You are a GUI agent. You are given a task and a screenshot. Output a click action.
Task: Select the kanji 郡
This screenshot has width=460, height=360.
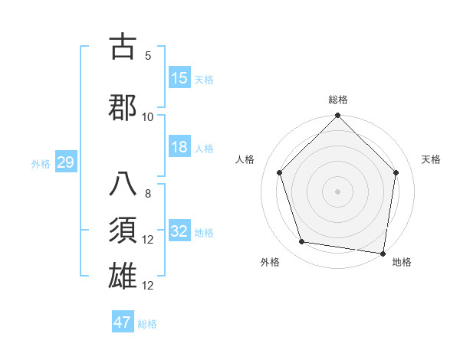click(124, 106)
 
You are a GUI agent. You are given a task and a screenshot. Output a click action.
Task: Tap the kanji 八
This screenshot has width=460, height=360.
click(124, 185)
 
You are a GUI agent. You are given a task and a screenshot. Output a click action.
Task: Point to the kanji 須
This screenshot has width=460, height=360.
click(124, 230)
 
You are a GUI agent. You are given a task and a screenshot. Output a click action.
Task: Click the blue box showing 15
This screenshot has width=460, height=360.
click(179, 77)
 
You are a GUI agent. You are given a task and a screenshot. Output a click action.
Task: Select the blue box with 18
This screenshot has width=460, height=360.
click(179, 147)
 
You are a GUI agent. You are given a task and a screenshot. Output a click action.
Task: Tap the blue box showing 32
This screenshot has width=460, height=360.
click(179, 231)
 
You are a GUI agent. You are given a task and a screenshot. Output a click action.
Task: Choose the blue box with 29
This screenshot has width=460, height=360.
click(65, 162)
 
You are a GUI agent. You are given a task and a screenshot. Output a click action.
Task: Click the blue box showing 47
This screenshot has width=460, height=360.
click(123, 322)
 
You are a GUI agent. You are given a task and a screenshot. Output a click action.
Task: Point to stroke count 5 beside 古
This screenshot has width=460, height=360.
click(148, 56)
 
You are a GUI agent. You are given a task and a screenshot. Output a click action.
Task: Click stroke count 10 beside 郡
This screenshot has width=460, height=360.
click(148, 116)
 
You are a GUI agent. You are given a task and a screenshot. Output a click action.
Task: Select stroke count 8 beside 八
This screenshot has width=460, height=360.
click(148, 194)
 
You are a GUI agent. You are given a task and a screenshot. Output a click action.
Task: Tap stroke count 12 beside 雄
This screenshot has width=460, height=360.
click(148, 286)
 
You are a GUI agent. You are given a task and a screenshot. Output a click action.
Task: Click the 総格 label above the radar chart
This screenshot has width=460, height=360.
click(337, 100)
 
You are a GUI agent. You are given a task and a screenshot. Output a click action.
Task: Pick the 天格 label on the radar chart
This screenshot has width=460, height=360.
click(432, 159)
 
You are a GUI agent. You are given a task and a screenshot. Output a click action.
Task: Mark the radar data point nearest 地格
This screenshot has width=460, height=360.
click(383, 253)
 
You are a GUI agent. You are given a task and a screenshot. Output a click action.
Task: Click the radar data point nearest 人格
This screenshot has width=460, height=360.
click(280, 172)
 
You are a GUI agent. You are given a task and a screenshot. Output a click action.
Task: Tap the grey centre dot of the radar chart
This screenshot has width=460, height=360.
click(337, 191)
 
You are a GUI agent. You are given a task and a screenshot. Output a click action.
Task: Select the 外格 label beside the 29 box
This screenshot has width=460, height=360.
click(41, 163)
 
